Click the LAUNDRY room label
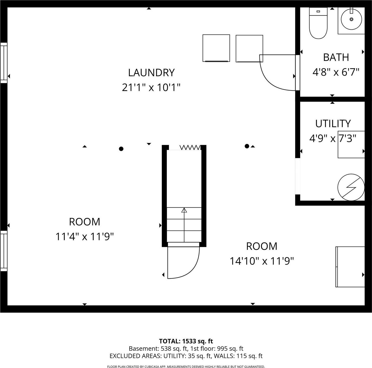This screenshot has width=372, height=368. click(x=151, y=73)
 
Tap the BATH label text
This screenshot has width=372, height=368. click(x=336, y=57)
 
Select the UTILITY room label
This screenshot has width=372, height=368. click(x=333, y=124)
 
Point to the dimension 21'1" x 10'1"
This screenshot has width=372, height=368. click(x=151, y=88)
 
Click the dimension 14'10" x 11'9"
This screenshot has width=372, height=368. click(x=262, y=261)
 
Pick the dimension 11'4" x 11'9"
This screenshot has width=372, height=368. click(x=85, y=237)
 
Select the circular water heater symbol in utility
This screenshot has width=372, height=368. click(x=351, y=187)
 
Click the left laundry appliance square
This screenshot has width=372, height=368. click(x=216, y=48)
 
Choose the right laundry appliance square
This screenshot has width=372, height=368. click(x=249, y=48)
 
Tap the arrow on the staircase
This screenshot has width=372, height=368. click(x=184, y=210)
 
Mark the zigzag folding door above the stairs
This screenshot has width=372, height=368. click(x=190, y=148)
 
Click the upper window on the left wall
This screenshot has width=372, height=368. click(x=4, y=63)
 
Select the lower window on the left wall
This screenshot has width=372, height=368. click(x=4, y=251)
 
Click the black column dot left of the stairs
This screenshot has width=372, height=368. click(x=121, y=149)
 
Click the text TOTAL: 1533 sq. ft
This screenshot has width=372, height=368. click(x=186, y=341)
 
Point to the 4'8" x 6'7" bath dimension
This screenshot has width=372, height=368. click(x=336, y=72)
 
